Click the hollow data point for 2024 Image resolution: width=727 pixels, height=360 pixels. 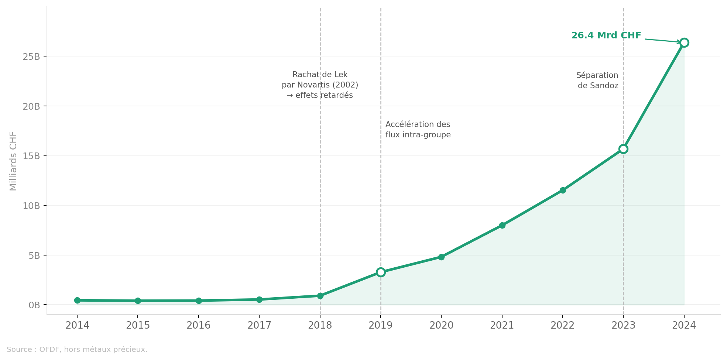pyautogui.click(x=684, y=43)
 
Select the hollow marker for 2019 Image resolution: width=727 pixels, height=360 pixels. pyautogui.click(x=381, y=272)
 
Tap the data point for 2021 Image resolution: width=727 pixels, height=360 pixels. pyautogui.click(x=502, y=225)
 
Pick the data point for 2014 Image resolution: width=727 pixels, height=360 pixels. pyautogui.click(x=77, y=300)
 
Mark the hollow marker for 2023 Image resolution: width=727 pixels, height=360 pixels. pyautogui.click(x=623, y=149)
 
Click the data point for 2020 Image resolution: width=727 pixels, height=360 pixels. pyautogui.click(x=441, y=257)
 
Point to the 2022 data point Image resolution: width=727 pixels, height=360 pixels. pyautogui.click(x=563, y=190)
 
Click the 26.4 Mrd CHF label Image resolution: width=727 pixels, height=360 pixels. pyautogui.click(x=606, y=36)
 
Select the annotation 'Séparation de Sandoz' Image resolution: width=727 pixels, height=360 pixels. pyautogui.click(x=597, y=80)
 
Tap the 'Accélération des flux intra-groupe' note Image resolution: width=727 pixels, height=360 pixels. pyautogui.click(x=418, y=130)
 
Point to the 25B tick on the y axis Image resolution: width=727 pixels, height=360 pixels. pyautogui.click(x=31, y=56)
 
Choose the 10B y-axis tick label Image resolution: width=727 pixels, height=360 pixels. pyautogui.click(x=31, y=206)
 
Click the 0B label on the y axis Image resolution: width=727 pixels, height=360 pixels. pyautogui.click(x=34, y=305)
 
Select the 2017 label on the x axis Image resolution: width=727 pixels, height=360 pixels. pyautogui.click(x=259, y=325)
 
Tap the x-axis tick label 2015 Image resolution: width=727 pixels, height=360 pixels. pyautogui.click(x=138, y=325)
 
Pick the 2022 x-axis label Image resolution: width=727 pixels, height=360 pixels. pyautogui.click(x=563, y=325)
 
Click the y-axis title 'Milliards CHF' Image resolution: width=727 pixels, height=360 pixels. pyautogui.click(x=13, y=161)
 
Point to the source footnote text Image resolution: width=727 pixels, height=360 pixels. pyautogui.click(x=77, y=349)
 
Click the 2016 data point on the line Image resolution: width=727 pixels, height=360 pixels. pyautogui.click(x=199, y=301)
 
